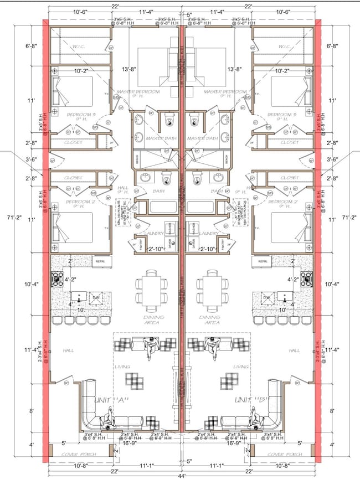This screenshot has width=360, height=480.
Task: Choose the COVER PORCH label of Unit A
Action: [80, 454]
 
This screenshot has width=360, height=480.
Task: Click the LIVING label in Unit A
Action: [122, 367]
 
